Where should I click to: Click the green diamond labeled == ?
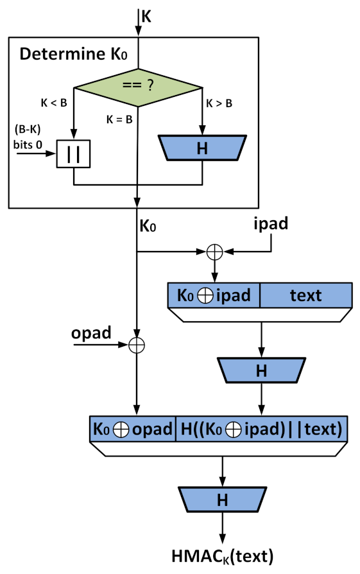tap(138, 87)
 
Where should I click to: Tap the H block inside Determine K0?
tap(203, 148)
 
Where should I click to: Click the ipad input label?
tap(270, 225)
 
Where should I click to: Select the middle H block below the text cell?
tap(261, 370)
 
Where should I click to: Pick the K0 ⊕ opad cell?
tap(132, 428)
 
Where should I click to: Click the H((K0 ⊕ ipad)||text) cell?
tap(261, 428)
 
